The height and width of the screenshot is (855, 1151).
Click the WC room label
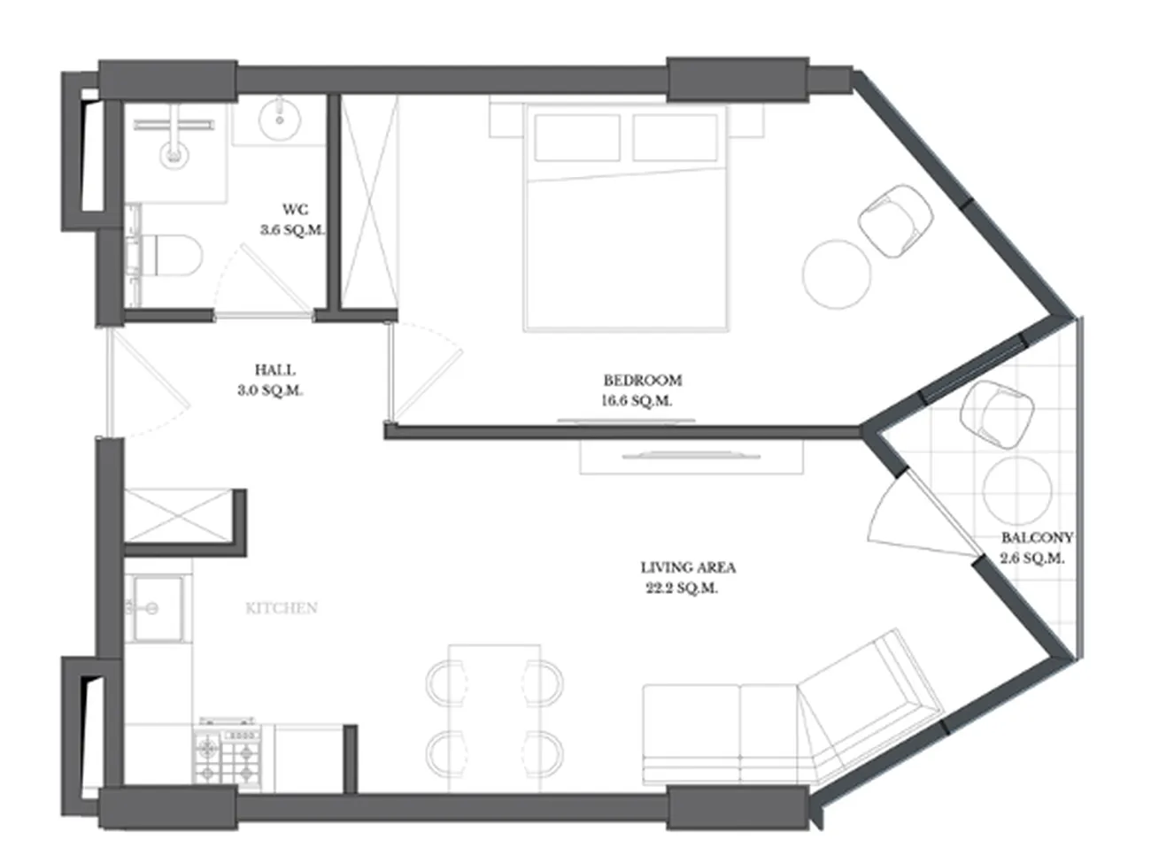pyautogui.click(x=295, y=210)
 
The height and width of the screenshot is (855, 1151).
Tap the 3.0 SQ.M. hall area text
pyautogui.click(x=270, y=390)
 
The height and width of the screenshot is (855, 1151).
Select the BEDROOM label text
pyautogui.click(x=643, y=381)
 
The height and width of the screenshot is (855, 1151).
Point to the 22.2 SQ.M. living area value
pyautogui.click(x=682, y=589)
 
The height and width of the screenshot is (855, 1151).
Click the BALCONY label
pyautogui.click(x=1037, y=537)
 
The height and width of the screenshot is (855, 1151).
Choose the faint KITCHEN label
pyautogui.click(x=282, y=607)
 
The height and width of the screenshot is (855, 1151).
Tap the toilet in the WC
pyautogui.click(x=171, y=256)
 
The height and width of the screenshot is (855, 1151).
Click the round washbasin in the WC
pyautogui.click(x=280, y=119)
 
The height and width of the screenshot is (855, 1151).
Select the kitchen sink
pyautogui.click(x=158, y=609)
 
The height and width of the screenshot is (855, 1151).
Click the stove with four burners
pyautogui.click(x=228, y=757)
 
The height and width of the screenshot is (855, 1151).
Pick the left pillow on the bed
pyautogui.click(x=577, y=137)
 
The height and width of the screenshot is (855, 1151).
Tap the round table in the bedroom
pyautogui.click(x=837, y=273)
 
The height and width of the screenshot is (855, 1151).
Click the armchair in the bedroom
pyautogui.click(x=896, y=220)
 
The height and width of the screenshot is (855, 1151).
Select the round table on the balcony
pyautogui.click(x=1017, y=490)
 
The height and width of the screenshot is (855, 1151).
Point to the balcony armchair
pyautogui.click(x=997, y=414)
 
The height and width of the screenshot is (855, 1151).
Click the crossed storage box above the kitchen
pyautogui.click(x=177, y=516)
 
